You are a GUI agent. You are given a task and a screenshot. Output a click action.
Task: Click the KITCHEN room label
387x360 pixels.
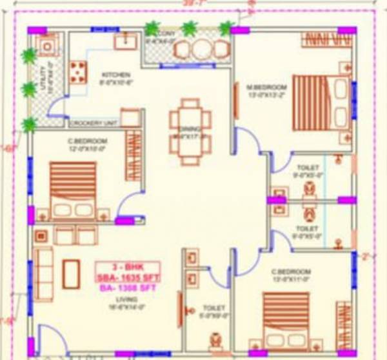(x=115, y=74)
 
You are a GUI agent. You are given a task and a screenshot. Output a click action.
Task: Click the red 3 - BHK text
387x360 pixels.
(x=127, y=266)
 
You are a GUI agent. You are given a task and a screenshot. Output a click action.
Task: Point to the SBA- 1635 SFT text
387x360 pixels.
(x=127, y=277)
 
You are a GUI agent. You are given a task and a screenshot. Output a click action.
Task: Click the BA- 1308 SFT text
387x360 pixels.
(x=127, y=289)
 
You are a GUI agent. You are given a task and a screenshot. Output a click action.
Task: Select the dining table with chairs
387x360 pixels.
(x=190, y=126)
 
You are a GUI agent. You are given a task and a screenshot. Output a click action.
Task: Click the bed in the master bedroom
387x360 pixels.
(x=320, y=103)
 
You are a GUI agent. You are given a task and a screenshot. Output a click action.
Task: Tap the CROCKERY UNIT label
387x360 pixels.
(x=92, y=123)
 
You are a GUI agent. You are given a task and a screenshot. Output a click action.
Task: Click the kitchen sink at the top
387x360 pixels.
(x=124, y=41)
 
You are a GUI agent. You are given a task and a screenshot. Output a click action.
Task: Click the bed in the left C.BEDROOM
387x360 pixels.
(x=74, y=190)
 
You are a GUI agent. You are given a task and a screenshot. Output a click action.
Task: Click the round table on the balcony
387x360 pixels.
(x=201, y=49)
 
